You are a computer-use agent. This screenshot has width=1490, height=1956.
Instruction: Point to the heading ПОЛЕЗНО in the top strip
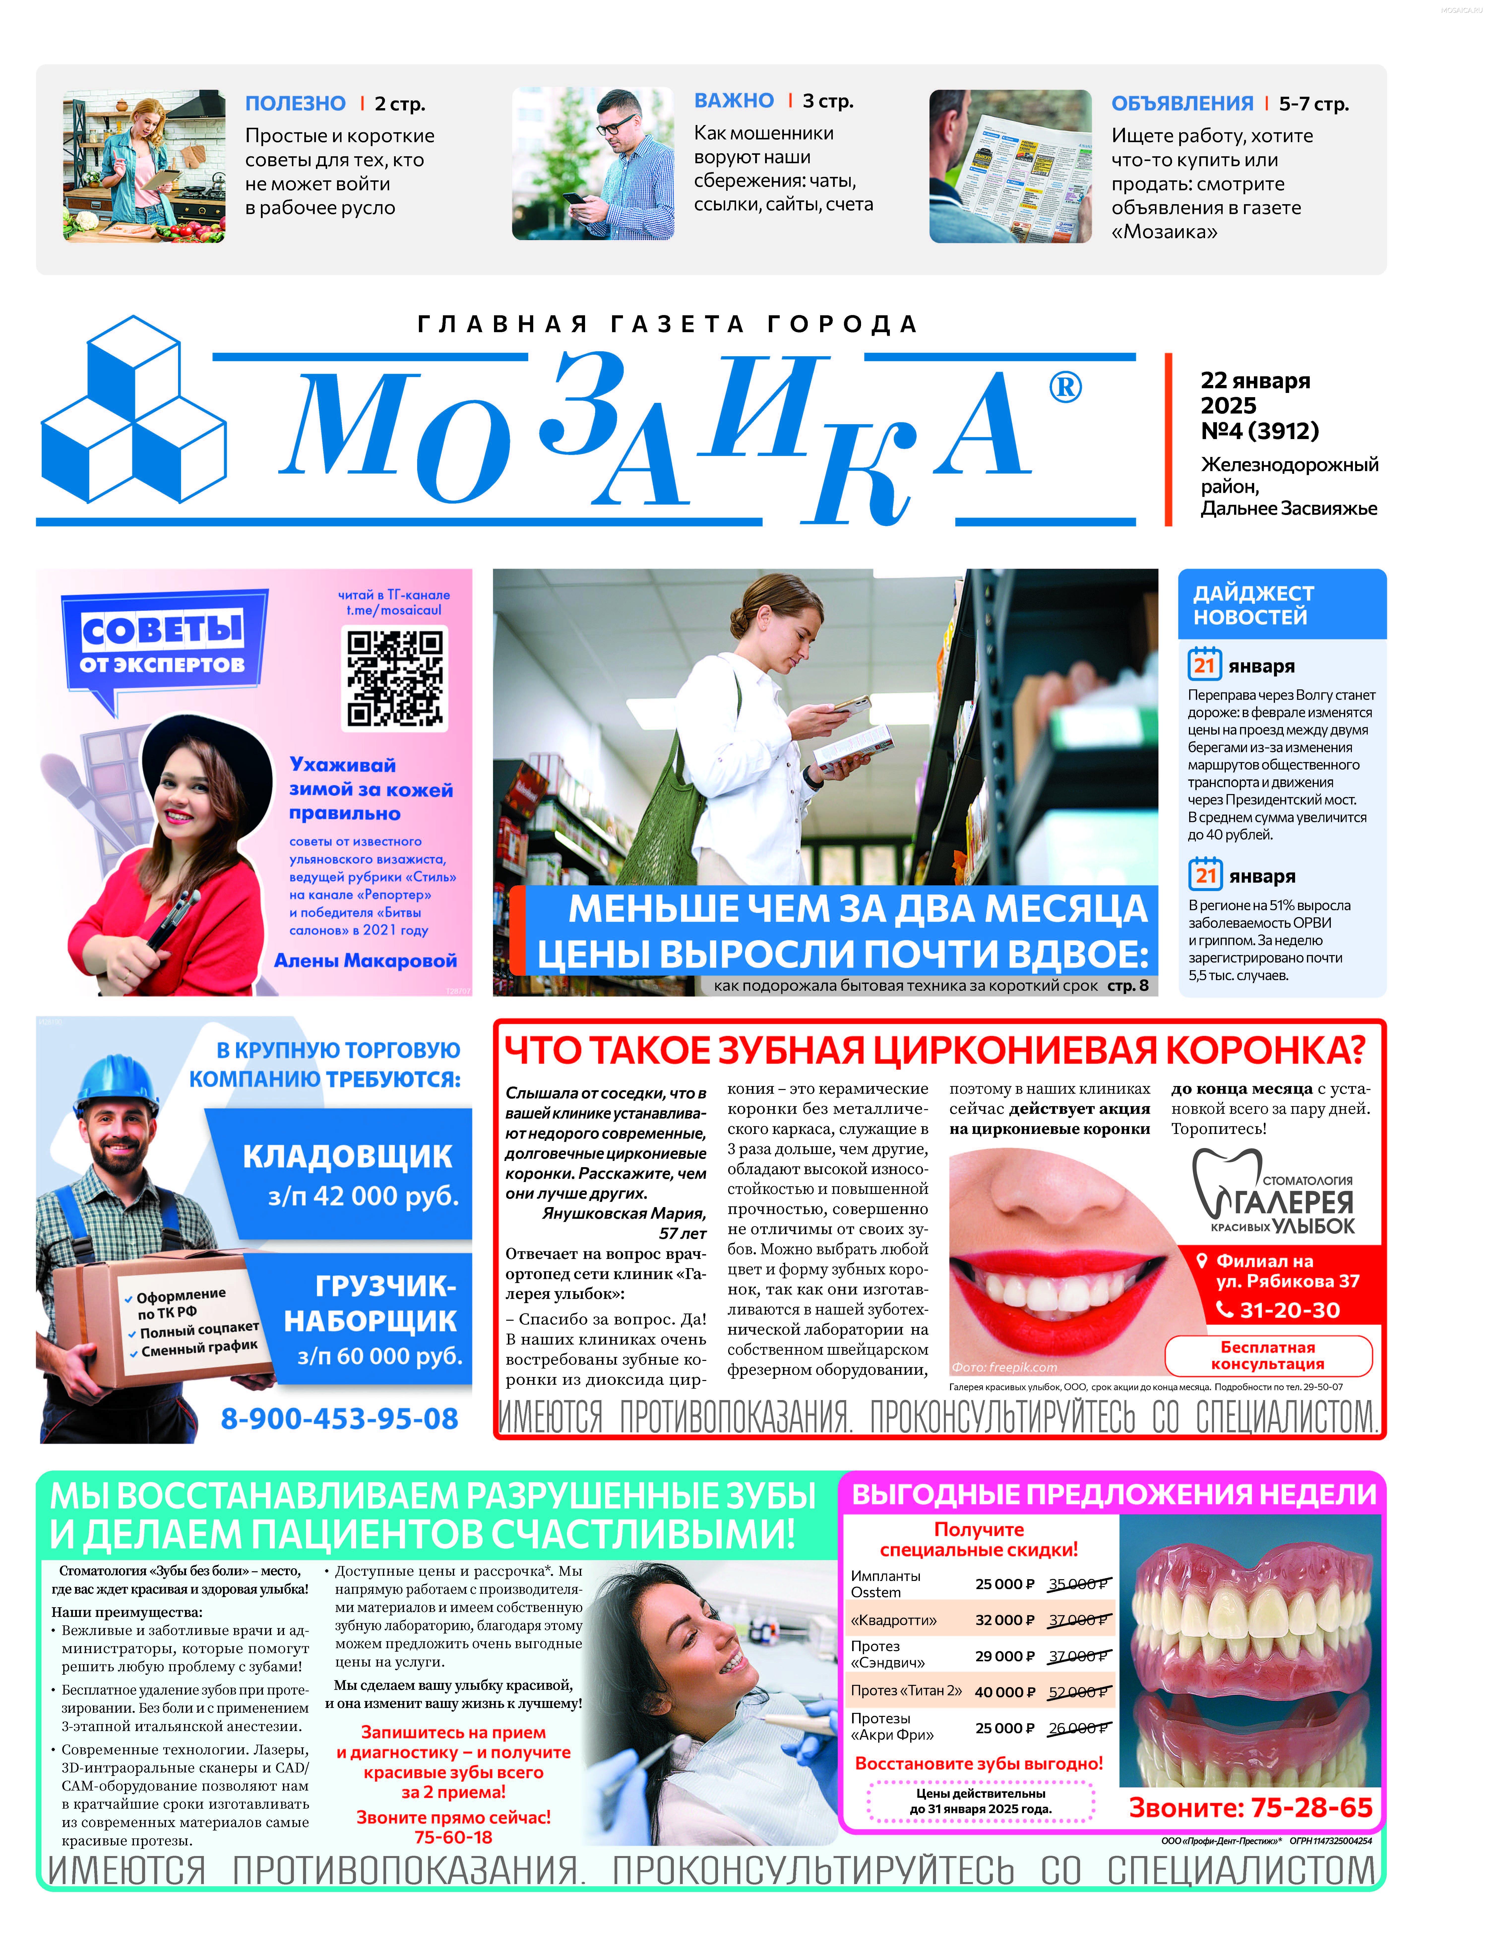295,104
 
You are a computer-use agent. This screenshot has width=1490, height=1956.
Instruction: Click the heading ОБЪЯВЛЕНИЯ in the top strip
1182,104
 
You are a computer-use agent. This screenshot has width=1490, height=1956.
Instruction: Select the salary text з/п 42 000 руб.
364,1197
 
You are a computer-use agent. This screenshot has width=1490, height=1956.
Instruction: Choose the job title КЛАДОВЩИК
348,1157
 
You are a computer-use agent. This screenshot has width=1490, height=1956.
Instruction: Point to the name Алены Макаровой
365,961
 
